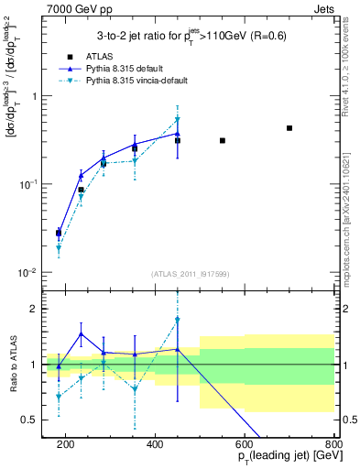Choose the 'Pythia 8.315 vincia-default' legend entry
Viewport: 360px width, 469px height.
pyautogui.click(x=142, y=81)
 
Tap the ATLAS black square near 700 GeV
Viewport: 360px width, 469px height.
pyautogui.click(x=289, y=128)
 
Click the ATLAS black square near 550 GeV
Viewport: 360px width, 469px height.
pyautogui.click(x=223, y=140)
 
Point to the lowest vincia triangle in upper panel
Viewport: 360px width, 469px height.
pyautogui.click(x=59, y=248)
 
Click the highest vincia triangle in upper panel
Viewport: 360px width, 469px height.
pyautogui.click(x=178, y=120)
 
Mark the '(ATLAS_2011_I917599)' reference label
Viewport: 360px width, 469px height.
pyautogui.click(x=190, y=273)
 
